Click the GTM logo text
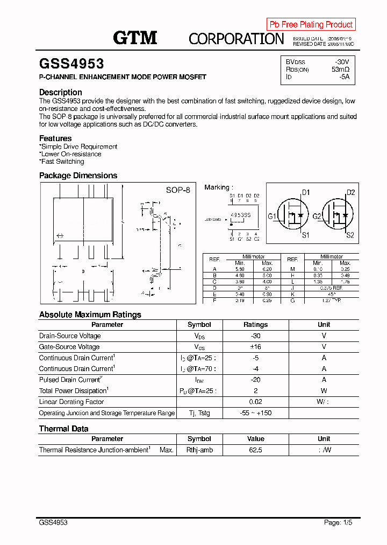(135, 37)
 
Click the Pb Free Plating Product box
(311, 24)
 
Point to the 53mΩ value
(340, 69)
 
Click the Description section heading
(61, 92)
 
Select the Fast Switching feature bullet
(62, 162)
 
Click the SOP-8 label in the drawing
(177, 190)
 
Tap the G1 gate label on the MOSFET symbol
(272, 216)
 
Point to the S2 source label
(350, 235)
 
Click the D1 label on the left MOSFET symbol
(305, 192)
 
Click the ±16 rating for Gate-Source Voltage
(255, 347)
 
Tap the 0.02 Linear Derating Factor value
(255, 402)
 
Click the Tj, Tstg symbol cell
(199, 413)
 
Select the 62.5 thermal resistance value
(255, 450)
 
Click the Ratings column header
(255, 325)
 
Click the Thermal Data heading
(63, 429)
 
